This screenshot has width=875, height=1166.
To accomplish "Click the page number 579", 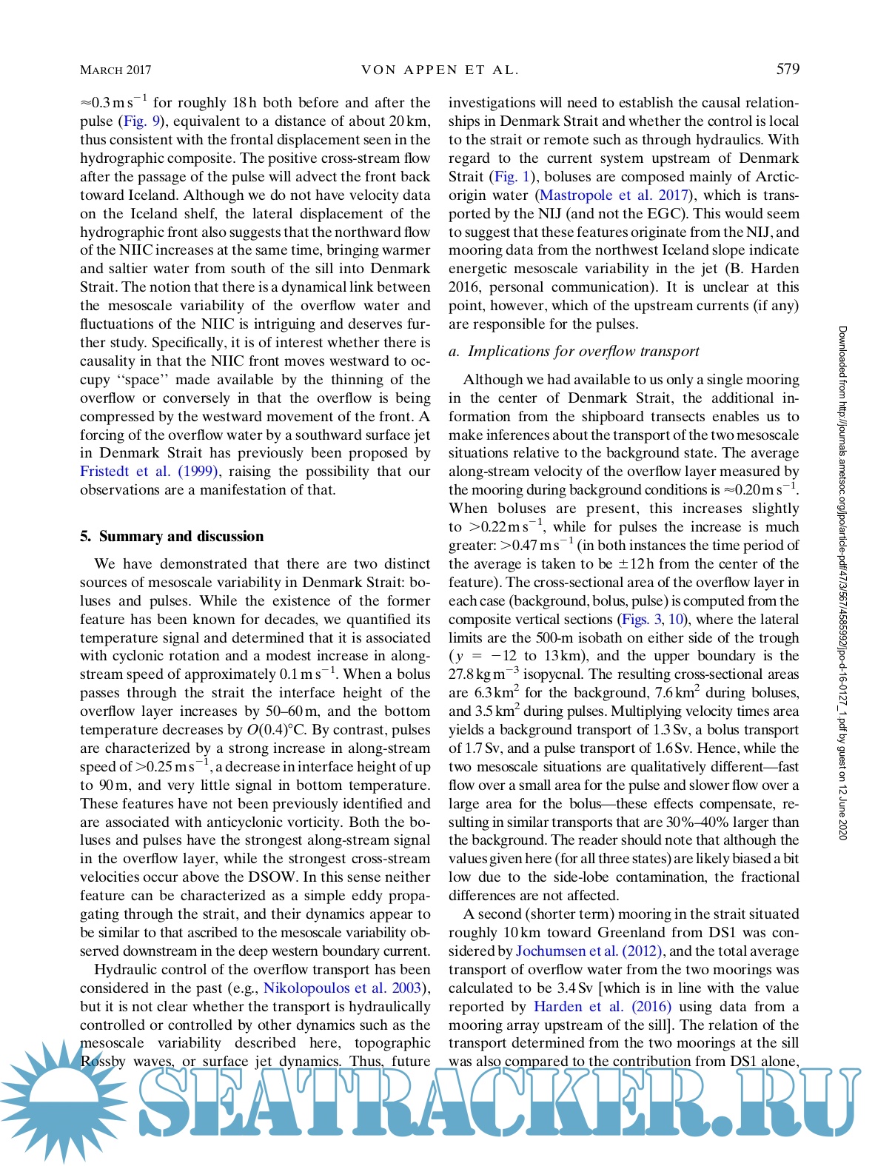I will tap(788, 69).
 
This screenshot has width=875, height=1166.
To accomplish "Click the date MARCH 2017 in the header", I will tap(115, 70).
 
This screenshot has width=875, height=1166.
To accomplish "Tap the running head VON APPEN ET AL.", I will tap(440, 70).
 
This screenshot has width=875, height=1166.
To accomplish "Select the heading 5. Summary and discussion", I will tap(172, 536).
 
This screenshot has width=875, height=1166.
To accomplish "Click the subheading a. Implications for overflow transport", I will tap(574, 352).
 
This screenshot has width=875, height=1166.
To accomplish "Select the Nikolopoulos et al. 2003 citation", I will tap(343, 988).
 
